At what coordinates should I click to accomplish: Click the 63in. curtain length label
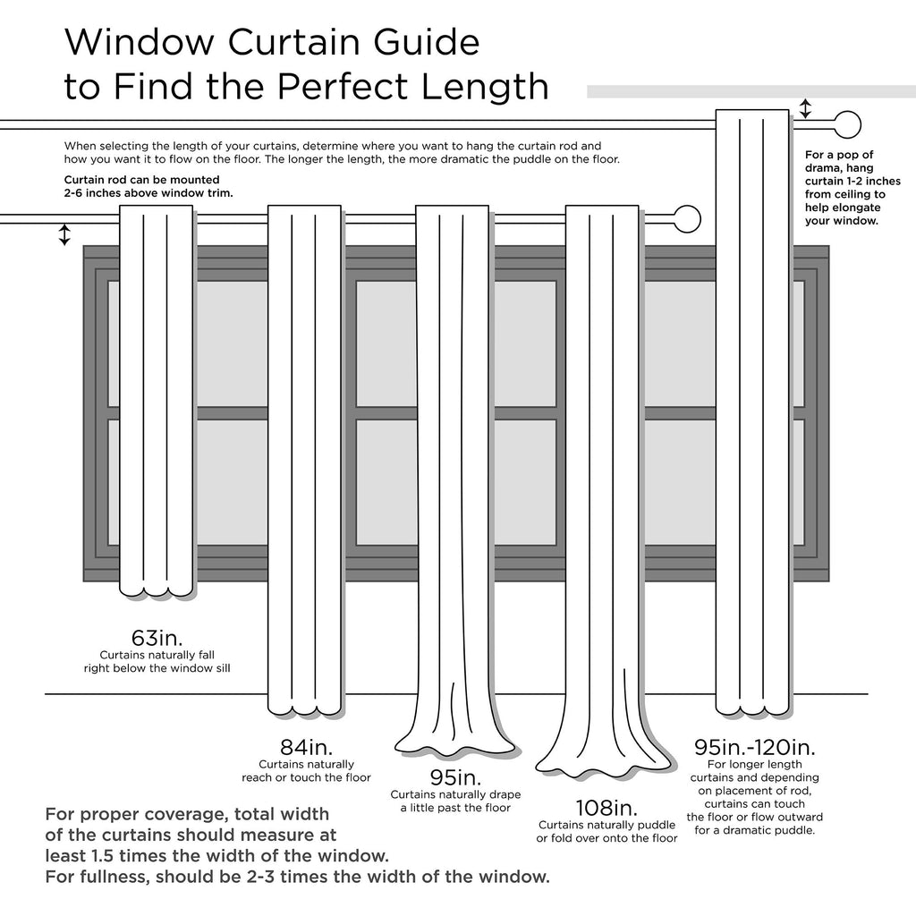coord(157,638)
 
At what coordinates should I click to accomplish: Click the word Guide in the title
coord(414,42)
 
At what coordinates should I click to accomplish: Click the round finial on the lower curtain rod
coord(687,219)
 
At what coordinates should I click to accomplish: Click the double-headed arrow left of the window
coord(64,234)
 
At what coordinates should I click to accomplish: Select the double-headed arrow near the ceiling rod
coord(805,109)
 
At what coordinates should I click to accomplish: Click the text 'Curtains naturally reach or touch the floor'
coord(306,771)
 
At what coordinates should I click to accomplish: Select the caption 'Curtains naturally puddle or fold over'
coord(606,831)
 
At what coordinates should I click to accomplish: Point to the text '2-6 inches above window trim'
coord(148,192)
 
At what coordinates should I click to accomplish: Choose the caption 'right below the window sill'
coord(157,667)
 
